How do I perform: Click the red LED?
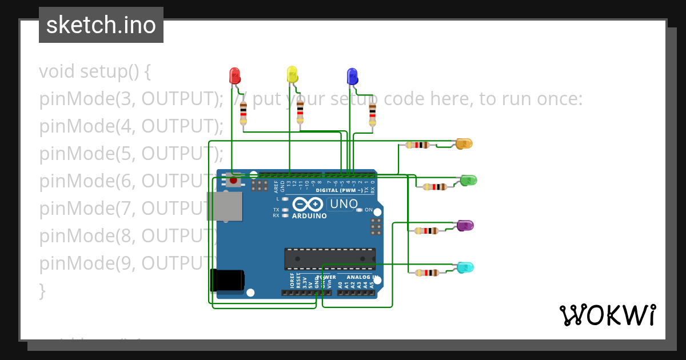coord(234,75)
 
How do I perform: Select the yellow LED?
coord(292,74)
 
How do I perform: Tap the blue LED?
coord(352,76)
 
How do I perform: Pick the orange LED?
coord(464,143)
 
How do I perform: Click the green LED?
coord(468,181)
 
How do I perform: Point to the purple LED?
coord(465,226)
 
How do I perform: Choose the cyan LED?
coord(465,267)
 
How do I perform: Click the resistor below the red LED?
coord(244,112)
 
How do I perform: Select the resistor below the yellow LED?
coord(300,111)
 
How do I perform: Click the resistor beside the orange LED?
coord(417,145)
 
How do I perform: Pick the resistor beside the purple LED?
coord(426,231)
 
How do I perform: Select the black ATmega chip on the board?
coord(330,259)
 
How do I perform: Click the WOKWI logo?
coord(607,315)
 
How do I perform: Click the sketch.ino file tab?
coord(101,25)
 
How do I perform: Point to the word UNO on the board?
coord(345,204)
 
